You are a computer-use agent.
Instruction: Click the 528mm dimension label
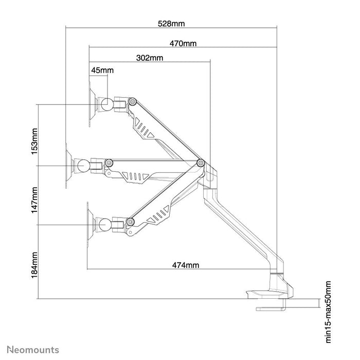(x=172, y=23)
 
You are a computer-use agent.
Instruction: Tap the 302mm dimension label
(x=150, y=58)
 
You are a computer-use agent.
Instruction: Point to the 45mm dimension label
(x=102, y=70)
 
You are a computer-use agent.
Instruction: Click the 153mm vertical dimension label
(x=34, y=142)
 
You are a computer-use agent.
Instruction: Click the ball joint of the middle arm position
(x=82, y=166)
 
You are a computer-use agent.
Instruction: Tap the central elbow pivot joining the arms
(x=201, y=163)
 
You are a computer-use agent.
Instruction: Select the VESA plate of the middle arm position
(x=68, y=166)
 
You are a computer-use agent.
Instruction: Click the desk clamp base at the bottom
(x=269, y=294)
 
